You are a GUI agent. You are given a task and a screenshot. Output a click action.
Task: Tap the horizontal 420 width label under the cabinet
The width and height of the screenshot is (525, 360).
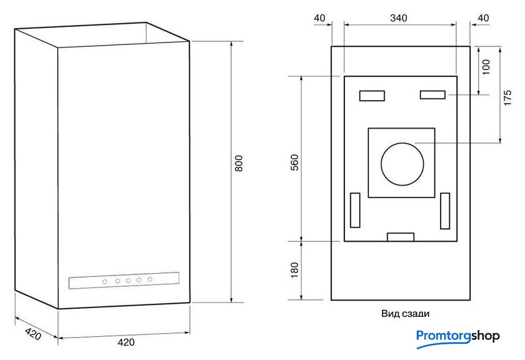point(126,342)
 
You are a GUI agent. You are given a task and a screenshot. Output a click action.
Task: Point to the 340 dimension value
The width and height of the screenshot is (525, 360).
point(399,18)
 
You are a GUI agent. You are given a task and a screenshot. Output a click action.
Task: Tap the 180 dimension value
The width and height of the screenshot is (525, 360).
point(295,269)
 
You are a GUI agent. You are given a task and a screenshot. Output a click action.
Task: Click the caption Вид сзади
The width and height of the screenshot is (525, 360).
point(405,314)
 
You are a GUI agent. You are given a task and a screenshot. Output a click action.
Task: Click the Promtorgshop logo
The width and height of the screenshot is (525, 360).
point(457,336)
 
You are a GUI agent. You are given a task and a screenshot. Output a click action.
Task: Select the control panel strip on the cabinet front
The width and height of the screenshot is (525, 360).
point(124,281)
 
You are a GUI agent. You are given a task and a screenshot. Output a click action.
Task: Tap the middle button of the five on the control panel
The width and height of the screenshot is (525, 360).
point(127,281)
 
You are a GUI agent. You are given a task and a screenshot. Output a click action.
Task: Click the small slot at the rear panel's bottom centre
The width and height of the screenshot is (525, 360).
point(401,236)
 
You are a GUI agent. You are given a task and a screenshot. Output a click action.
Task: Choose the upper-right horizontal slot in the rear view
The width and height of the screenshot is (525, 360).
point(432,94)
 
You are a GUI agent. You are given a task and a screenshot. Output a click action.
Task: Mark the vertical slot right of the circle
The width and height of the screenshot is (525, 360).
point(445,211)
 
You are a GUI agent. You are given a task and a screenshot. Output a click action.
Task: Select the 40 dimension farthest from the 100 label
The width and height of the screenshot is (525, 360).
point(319,18)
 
